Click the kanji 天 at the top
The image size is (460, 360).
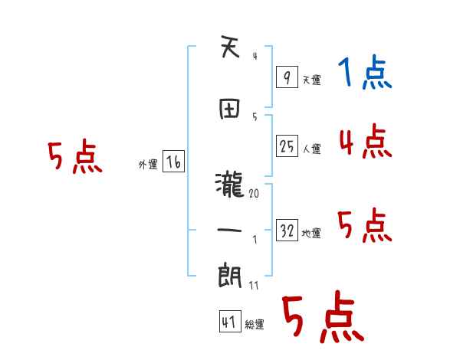point(230,50)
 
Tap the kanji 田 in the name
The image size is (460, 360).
point(230,107)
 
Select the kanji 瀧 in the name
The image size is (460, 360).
point(230,184)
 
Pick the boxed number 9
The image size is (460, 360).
point(286,77)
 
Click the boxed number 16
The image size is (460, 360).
point(173,162)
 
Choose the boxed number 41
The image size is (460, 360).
point(228,322)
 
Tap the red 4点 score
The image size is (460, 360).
point(365,142)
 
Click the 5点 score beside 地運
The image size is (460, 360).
point(365,226)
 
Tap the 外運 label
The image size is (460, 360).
point(148,164)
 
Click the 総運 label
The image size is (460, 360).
point(255,325)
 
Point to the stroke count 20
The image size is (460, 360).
point(254,194)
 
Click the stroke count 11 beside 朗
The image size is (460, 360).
point(254,286)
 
